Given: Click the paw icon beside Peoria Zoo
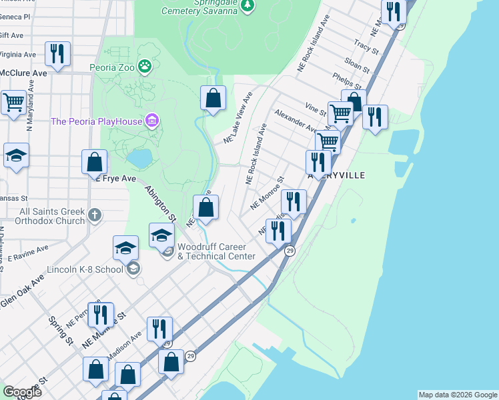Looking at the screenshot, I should point(144,66).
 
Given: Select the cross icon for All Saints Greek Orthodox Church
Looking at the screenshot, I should point(95,215).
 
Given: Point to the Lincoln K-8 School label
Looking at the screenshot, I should point(85,269).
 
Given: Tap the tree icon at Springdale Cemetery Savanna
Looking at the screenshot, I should point(247,5).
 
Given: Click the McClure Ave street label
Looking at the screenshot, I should point(23,72).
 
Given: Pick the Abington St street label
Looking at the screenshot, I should point(160,203).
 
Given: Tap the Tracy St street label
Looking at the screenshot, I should point(367,47).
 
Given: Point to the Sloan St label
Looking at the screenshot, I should point(358,65).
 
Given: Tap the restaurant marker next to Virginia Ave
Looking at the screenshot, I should point(57,53).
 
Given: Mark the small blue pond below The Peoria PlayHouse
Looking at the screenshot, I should point(139,158).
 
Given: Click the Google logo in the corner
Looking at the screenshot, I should point(21,391).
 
